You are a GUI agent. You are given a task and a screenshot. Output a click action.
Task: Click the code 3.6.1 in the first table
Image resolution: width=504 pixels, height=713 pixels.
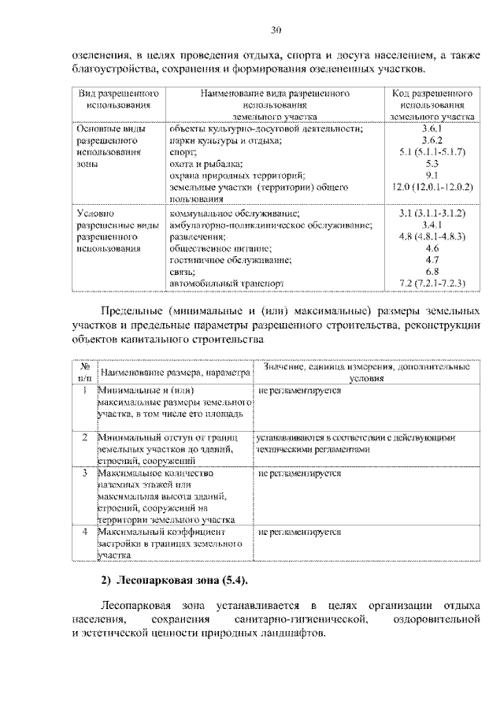click(x=432, y=128)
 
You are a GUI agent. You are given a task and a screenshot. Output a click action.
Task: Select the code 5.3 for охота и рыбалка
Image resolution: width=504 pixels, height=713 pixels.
click(x=432, y=164)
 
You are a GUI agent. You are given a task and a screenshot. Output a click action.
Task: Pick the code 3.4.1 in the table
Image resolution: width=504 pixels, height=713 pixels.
click(x=432, y=225)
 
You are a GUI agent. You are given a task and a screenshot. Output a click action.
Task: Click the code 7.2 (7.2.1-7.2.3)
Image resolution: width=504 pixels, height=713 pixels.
click(x=432, y=283)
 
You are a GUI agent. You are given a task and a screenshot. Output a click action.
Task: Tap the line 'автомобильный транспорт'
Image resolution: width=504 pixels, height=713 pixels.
click(x=223, y=283)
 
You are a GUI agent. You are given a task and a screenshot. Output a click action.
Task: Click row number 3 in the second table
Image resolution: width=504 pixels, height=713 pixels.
click(x=83, y=473)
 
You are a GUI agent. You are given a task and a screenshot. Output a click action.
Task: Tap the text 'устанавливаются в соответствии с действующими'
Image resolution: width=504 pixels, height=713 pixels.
click(x=357, y=436)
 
